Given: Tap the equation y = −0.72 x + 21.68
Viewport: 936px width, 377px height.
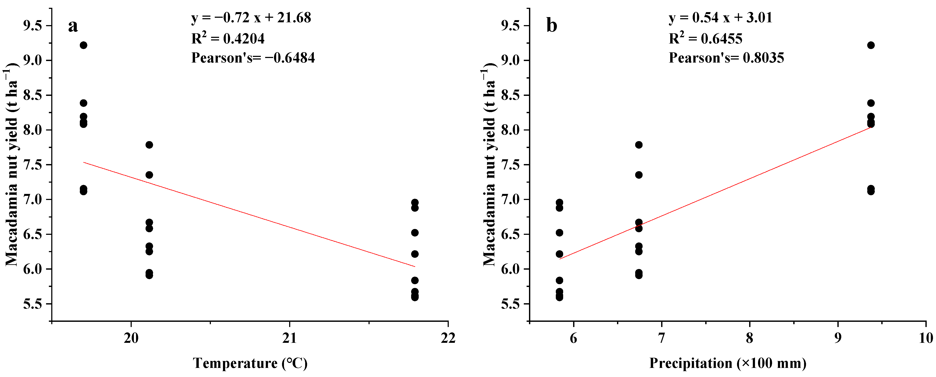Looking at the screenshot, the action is click(251, 18).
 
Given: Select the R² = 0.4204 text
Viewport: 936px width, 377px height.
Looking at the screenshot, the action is click(228, 38).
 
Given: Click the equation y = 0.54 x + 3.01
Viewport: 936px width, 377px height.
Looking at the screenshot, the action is click(721, 18).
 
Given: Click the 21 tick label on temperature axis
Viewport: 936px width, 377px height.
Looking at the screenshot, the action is click(290, 338).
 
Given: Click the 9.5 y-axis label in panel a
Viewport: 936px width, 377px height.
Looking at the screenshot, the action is click(33, 26).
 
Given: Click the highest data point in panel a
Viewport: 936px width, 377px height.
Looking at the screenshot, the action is click(83, 45).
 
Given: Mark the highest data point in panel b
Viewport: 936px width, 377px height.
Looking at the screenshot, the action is click(871, 45).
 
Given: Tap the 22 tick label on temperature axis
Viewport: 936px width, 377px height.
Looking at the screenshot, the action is click(448, 338).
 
